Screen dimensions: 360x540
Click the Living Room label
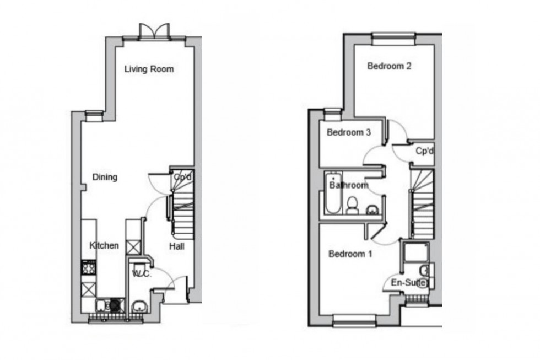149,69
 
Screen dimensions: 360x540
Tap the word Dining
105,178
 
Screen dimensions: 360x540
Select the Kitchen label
105,245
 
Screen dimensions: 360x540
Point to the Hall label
176,246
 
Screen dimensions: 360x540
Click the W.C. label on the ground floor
142,272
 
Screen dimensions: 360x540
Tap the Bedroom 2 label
390,67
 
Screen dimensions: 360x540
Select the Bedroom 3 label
348,133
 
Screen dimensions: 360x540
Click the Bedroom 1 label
350,254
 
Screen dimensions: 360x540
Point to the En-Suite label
408,283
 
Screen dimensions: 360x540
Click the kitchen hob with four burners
89,269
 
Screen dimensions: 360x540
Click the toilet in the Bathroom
352,205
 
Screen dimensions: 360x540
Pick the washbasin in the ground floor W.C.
139,307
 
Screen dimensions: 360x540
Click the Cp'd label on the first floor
423,151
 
